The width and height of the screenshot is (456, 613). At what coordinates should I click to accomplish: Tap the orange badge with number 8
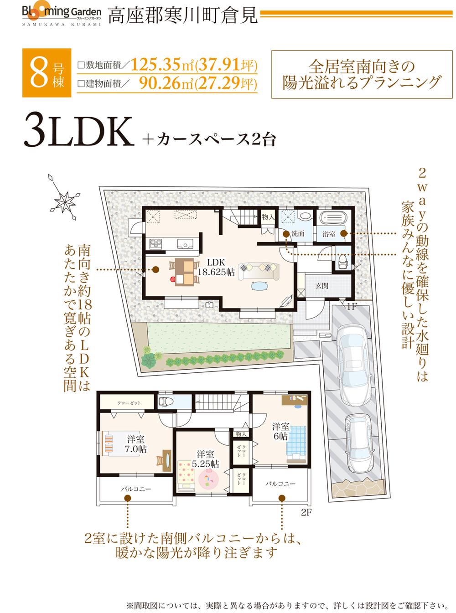(47, 73)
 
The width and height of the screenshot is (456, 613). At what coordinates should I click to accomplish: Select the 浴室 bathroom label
(329, 234)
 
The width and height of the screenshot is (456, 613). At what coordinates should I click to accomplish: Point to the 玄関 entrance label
(322, 286)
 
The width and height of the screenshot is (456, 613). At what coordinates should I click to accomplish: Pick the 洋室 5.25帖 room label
(206, 459)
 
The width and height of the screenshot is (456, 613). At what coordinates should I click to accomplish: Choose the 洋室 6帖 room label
(280, 431)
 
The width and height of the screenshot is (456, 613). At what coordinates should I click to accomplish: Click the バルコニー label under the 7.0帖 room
(136, 489)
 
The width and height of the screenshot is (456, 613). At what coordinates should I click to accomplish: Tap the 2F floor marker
(306, 511)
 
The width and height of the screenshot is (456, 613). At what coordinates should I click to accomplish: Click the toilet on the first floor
(342, 261)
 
